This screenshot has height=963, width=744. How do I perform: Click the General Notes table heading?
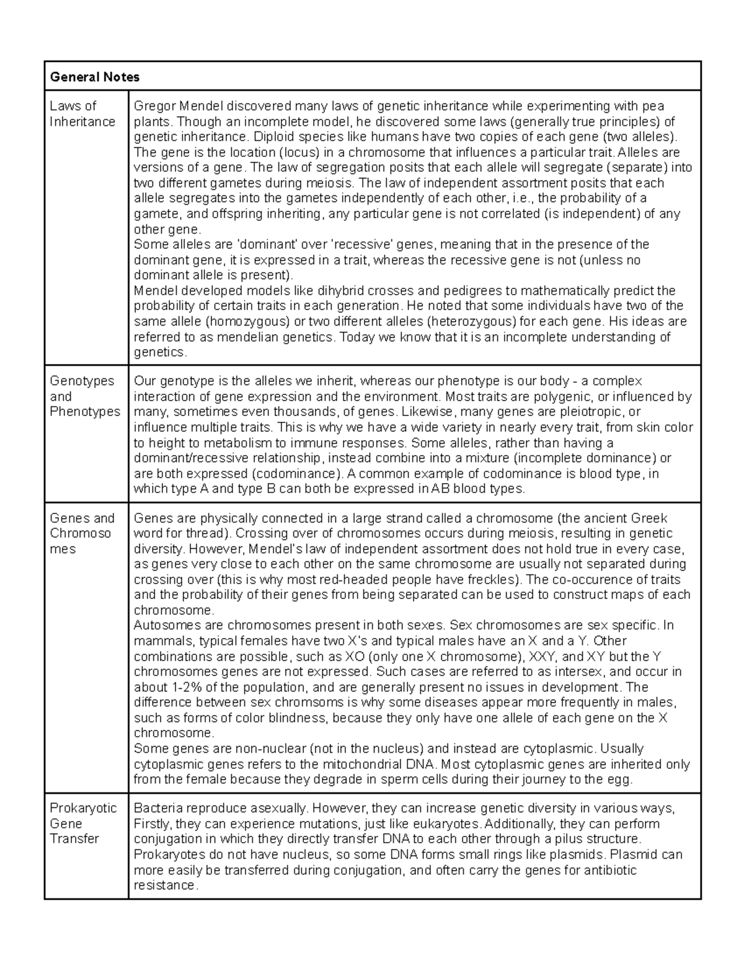click(x=94, y=77)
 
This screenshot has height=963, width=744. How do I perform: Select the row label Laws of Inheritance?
click(x=82, y=113)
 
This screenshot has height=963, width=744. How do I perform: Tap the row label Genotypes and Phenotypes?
click(x=84, y=396)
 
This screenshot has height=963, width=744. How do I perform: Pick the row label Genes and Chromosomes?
click(x=82, y=533)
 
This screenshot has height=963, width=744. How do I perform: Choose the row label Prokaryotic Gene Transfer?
click(x=82, y=823)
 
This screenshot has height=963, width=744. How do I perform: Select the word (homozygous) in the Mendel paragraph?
click(x=248, y=321)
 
